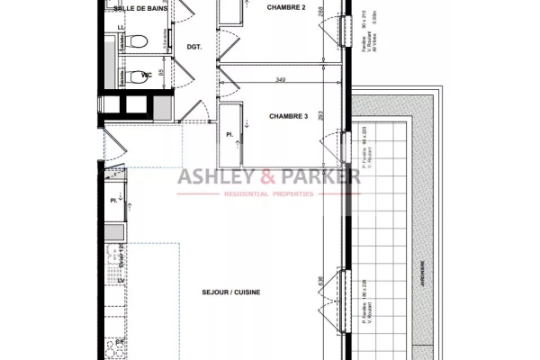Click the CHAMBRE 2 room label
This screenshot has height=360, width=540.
coord(285,7)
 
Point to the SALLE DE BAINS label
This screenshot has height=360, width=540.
coord(138,7)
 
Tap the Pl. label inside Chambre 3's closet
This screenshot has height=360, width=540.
coord(229,135)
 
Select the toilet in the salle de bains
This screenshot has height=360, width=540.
coord(133,41)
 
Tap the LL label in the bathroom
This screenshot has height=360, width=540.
coord(121,28)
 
